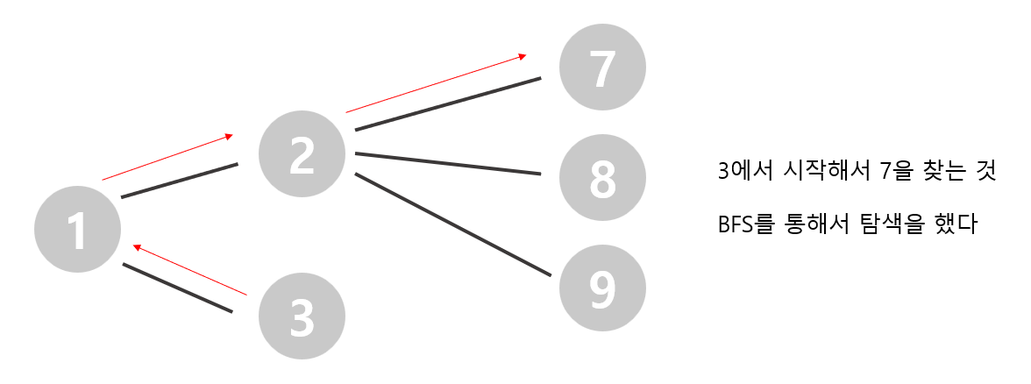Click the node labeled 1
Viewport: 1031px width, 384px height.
click(x=77, y=231)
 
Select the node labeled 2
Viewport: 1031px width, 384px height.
click(x=302, y=153)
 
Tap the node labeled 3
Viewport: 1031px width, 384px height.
click(x=302, y=316)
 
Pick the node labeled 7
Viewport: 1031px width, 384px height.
click(x=602, y=68)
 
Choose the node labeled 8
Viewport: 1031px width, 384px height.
click(x=602, y=177)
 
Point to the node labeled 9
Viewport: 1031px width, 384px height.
click(x=602, y=288)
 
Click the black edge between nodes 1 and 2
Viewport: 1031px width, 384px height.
click(x=180, y=180)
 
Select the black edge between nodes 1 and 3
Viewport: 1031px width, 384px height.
click(x=178, y=288)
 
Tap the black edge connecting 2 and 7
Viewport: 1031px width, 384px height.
click(x=447, y=104)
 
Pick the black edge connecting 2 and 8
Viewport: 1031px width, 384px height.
click(x=447, y=164)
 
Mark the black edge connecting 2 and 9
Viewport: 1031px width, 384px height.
click(x=453, y=224)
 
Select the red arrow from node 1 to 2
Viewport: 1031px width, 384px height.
click(x=167, y=157)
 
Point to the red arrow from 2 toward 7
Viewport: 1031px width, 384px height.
click(x=436, y=83)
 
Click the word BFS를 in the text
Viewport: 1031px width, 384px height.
click(x=747, y=225)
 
